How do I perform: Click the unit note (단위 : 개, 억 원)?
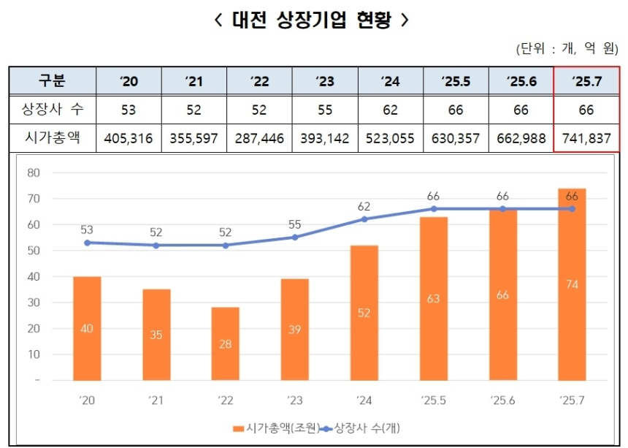(x=567, y=49)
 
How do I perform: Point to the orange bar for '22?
(x=226, y=343)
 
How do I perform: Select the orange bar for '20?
(x=87, y=328)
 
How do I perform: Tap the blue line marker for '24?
(x=364, y=219)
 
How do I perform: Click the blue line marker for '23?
(x=295, y=237)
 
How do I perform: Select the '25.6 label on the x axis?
(x=502, y=400)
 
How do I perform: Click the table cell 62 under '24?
(x=390, y=110)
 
